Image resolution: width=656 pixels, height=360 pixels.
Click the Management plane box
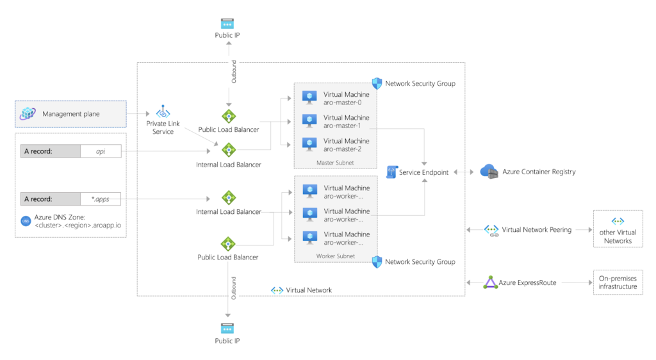pyautogui.click(x=70, y=114)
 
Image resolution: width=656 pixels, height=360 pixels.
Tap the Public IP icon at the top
pyautogui.click(x=227, y=23)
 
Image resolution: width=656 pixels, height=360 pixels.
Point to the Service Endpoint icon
pyautogui.click(x=391, y=172)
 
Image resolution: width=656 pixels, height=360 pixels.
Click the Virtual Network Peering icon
pyautogui.click(x=491, y=229)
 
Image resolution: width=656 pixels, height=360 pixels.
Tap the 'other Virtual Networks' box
pyautogui.click(x=618, y=229)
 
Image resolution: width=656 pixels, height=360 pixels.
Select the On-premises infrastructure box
pyautogui.click(x=618, y=282)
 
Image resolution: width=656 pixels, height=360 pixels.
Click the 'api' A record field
pyautogui.click(x=101, y=151)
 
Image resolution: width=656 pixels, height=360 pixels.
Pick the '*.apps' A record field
pyautogui.click(x=101, y=199)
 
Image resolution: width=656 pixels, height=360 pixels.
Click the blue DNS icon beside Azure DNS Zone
pyautogui.click(x=26, y=221)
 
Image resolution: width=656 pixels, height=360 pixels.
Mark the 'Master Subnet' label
pyautogui.click(x=335, y=163)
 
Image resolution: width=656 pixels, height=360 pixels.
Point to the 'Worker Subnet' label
pyautogui.click(x=335, y=256)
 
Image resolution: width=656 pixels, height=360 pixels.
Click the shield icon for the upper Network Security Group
pyautogui.click(x=377, y=83)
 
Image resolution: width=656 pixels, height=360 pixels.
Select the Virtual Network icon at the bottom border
pyautogui.click(x=277, y=290)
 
